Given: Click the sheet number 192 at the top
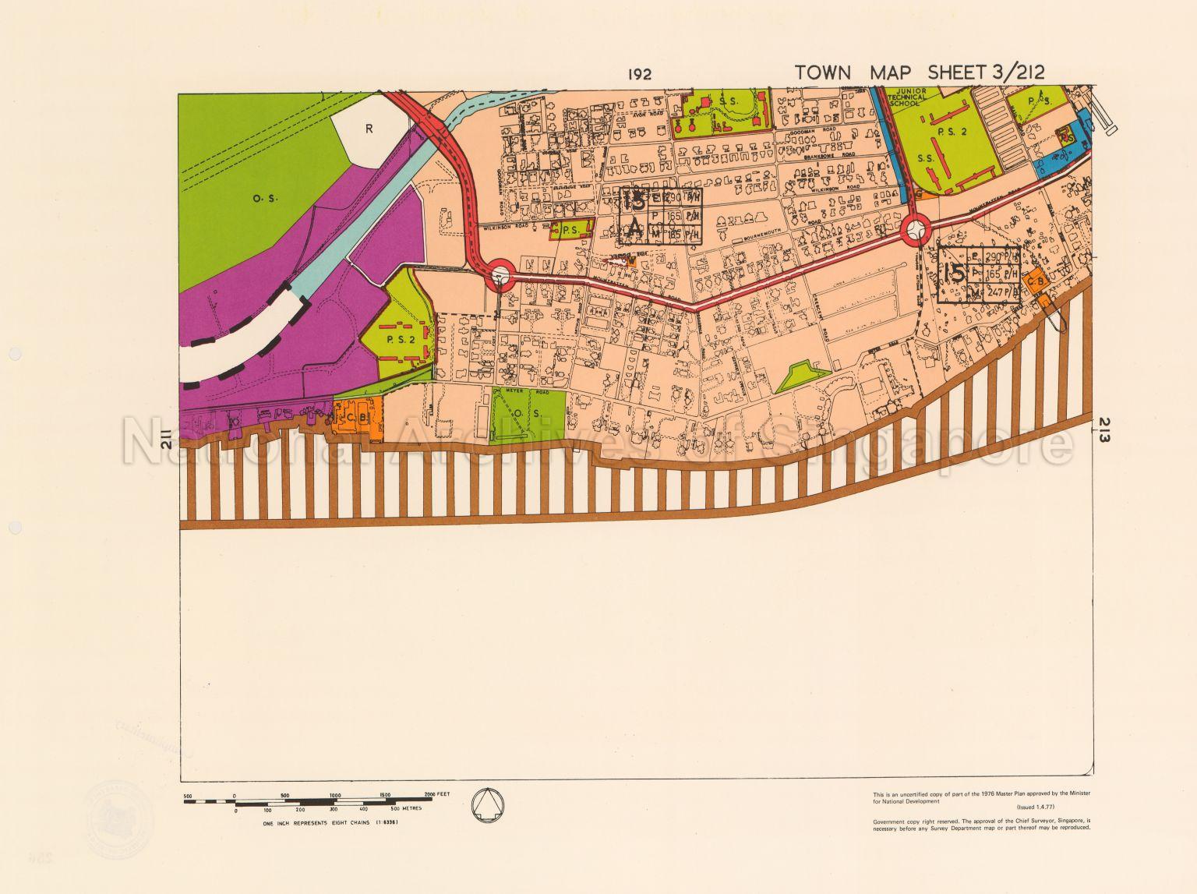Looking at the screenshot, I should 640,75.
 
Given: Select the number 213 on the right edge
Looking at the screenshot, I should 1107,429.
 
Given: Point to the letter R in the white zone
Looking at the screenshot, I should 370,129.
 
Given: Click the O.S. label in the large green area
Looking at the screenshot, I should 260,198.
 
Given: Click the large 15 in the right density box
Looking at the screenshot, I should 954,274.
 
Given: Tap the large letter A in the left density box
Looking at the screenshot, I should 634,229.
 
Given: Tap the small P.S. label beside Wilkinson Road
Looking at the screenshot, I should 569,230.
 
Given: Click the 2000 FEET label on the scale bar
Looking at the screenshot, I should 438,793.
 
